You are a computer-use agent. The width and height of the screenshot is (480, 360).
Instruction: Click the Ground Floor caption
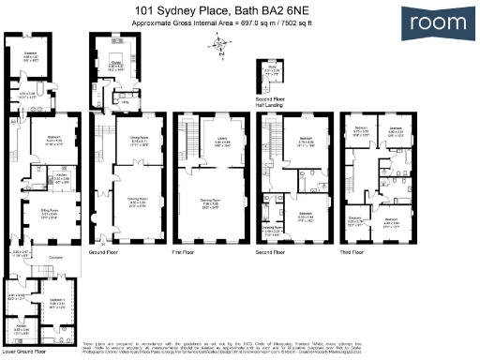pos(102,253)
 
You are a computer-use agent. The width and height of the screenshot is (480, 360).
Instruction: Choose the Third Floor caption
pos(355,253)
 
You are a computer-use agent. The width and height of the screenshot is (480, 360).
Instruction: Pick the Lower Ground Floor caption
pos(24,352)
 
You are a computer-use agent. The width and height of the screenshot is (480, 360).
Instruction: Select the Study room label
pos(272,67)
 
